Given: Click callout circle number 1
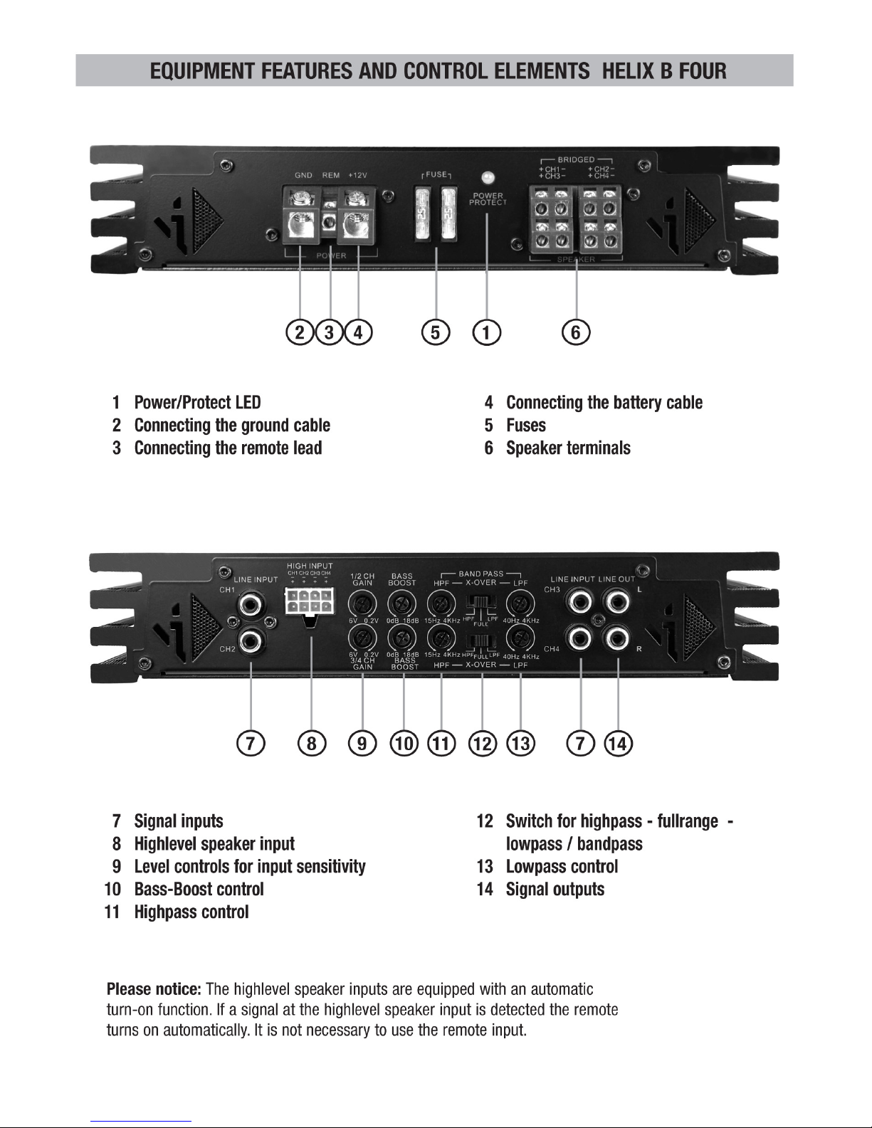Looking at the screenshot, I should pyautogui.click(x=486, y=332).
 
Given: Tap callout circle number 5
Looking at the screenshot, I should pyautogui.click(x=436, y=332).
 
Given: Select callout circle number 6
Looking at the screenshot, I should pyautogui.click(x=576, y=332).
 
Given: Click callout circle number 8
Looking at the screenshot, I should pyautogui.click(x=312, y=744).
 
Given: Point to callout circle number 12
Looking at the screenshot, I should pyautogui.click(x=483, y=744).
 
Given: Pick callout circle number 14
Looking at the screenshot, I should pyautogui.click(x=618, y=744).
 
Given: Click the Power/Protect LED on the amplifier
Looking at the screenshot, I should pyautogui.click(x=488, y=177).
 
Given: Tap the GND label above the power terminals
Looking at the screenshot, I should pyautogui.click(x=304, y=175).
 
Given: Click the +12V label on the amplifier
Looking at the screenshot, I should pyautogui.click(x=357, y=175).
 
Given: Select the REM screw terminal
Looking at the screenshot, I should pyautogui.click(x=330, y=222).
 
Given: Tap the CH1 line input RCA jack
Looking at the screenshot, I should pyautogui.click(x=250, y=605).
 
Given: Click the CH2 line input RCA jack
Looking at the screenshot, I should pyautogui.click(x=250, y=642).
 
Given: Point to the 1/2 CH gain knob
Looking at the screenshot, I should pyautogui.click(x=363, y=605).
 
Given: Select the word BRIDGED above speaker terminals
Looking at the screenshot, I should pyautogui.click(x=576, y=160).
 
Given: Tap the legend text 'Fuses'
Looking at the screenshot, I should pyautogui.click(x=526, y=426).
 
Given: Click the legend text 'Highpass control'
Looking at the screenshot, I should pyautogui.click(x=191, y=912).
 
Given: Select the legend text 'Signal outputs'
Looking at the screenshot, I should pyautogui.click(x=555, y=889).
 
